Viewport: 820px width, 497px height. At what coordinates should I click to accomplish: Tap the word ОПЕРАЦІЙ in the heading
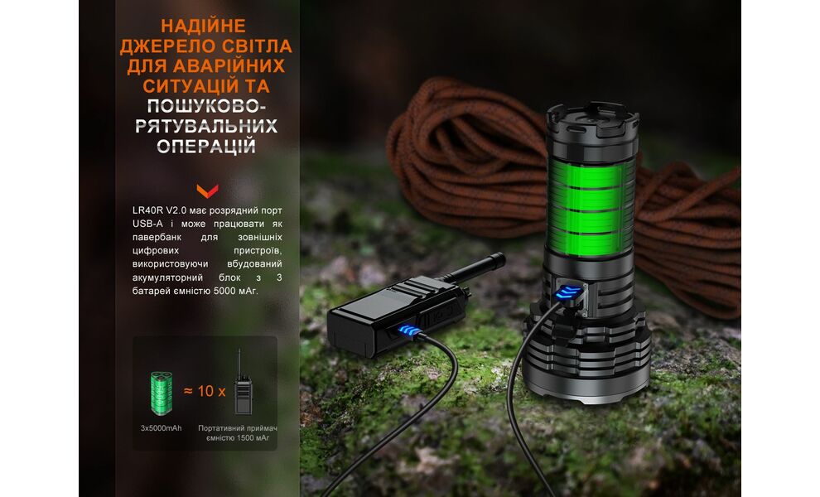tap(206, 146)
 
